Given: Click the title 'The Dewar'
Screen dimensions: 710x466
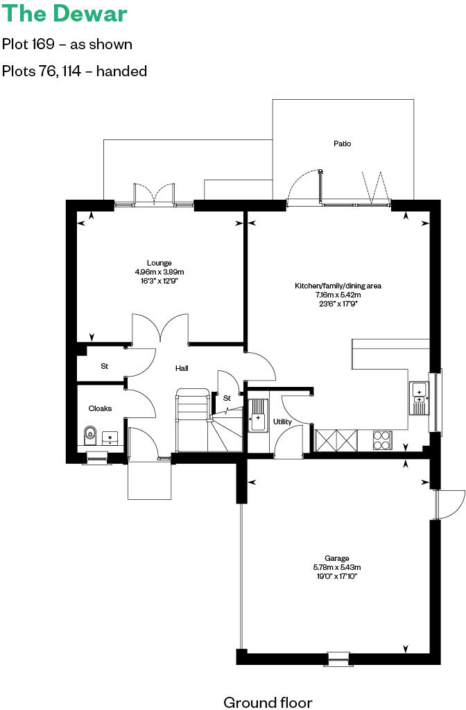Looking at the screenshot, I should pos(64,15).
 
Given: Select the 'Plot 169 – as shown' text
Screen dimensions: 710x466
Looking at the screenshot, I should pos(67,44).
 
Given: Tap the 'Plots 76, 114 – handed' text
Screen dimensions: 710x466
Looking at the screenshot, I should pos(75,71).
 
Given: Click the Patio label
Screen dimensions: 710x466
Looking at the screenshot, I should pos(342,144).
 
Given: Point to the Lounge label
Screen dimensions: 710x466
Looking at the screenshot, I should pos(159,263).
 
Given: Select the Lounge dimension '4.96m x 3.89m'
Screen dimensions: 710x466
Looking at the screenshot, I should pos(159,272).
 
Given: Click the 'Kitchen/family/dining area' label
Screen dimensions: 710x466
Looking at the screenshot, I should pos(338,286).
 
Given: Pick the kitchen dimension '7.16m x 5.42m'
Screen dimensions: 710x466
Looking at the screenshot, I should pos(338,295).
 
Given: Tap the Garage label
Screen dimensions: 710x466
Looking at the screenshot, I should pos(337,558).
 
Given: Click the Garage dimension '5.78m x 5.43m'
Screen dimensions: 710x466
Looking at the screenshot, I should pos(337,567).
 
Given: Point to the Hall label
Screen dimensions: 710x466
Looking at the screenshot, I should pos(182,368).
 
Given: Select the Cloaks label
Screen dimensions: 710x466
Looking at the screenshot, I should pos(100,408).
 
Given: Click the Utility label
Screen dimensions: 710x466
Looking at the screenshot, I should pos(282,422).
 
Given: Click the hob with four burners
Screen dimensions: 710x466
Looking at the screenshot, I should pos(382,439).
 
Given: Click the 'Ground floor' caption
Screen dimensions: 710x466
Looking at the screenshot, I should pos(268,702).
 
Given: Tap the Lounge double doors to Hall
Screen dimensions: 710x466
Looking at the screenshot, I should pos(161,328).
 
